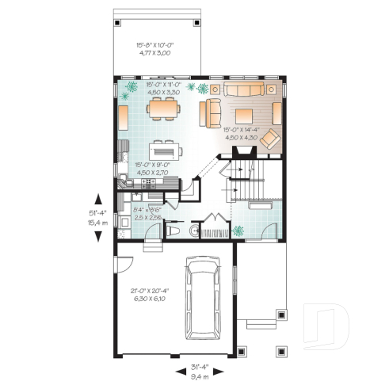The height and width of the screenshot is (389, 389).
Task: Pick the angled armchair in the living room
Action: [271, 139]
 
